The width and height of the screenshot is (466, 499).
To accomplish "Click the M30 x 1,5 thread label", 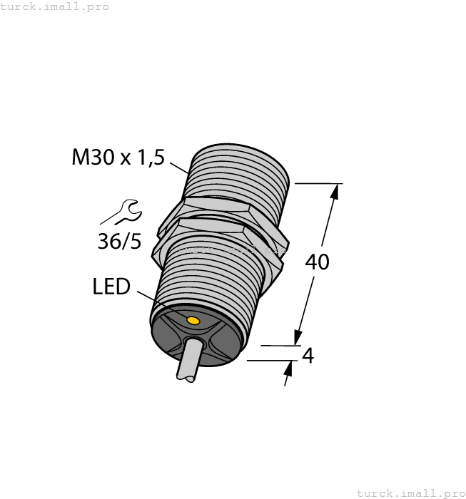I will (x=118, y=157).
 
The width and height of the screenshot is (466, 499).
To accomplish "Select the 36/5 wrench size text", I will (x=119, y=242).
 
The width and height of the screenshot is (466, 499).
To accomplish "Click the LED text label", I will (x=111, y=287).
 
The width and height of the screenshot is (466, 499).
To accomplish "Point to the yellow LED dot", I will (x=193, y=321).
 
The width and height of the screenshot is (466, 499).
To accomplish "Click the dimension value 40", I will (x=317, y=262).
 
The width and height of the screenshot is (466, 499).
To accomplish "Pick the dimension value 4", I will (x=308, y=356).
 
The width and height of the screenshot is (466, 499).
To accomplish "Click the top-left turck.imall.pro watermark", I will (x=55, y=6).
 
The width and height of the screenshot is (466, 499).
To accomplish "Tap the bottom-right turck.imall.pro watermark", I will (x=410, y=493).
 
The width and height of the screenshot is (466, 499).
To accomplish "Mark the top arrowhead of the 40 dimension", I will (x=334, y=190).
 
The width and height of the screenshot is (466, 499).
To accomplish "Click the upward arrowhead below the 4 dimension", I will (x=289, y=368).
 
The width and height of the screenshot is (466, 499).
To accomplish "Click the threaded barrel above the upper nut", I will (x=235, y=175).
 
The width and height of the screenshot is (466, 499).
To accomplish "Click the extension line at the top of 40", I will (x=318, y=183).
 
